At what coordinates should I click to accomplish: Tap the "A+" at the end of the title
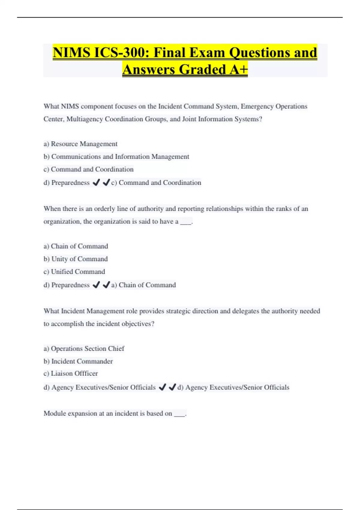[238, 70]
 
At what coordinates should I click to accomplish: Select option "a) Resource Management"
[80, 144]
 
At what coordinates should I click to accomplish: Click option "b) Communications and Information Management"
[116, 157]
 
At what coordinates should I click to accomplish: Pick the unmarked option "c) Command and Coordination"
[88, 169]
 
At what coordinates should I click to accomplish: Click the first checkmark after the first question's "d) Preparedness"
[96, 182]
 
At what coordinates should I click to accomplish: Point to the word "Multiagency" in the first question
[84, 119]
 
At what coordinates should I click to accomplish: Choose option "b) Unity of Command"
[76, 259]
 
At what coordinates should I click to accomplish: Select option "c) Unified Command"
[74, 272]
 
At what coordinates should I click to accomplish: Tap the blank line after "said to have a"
[186, 222]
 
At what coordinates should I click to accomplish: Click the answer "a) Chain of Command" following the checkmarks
[143, 285]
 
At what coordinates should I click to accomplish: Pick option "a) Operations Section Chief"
[84, 349]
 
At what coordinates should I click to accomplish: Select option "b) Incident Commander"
[78, 361]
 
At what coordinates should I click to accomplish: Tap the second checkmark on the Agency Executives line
[172, 387]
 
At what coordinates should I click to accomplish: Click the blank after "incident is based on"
[179, 414]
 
